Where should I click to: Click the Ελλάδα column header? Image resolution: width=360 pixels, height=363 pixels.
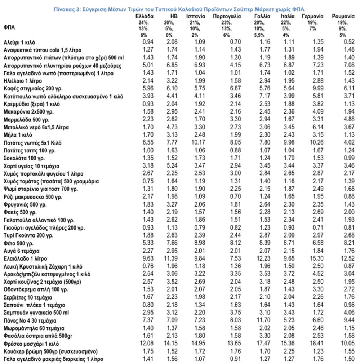click(145, 17)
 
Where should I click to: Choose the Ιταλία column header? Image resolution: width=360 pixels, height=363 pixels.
click(287, 17)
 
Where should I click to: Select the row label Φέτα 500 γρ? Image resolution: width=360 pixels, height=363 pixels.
click(17, 243)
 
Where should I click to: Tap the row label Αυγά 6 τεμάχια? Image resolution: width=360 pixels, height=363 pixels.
click(22, 251)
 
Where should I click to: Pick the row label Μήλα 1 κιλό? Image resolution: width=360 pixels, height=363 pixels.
click(18, 135)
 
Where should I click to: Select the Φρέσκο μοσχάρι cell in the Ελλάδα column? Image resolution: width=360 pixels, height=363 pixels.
click(147, 344)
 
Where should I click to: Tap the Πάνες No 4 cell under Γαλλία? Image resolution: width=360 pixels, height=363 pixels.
click(258, 320)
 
